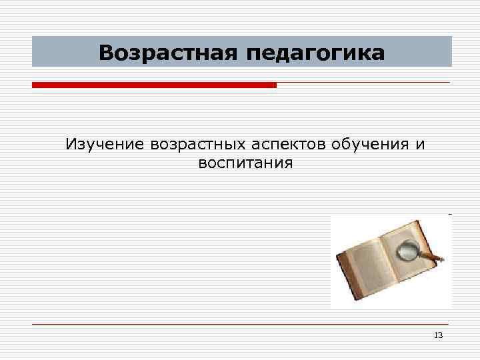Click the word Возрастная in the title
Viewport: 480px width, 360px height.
tap(167, 52)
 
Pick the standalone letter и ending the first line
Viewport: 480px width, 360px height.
tap(420, 145)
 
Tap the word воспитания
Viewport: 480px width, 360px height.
tap(245, 163)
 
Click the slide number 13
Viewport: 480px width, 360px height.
tap(438, 335)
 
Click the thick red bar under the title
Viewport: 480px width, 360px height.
tap(154, 85)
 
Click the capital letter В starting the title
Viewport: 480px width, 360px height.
tap(107, 52)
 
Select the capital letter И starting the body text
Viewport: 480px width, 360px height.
tap(71, 144)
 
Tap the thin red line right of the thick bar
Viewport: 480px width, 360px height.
tap(363, 83)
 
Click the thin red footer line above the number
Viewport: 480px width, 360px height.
tap(240, 325)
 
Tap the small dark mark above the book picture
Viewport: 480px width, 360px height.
tap(450, 214)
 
